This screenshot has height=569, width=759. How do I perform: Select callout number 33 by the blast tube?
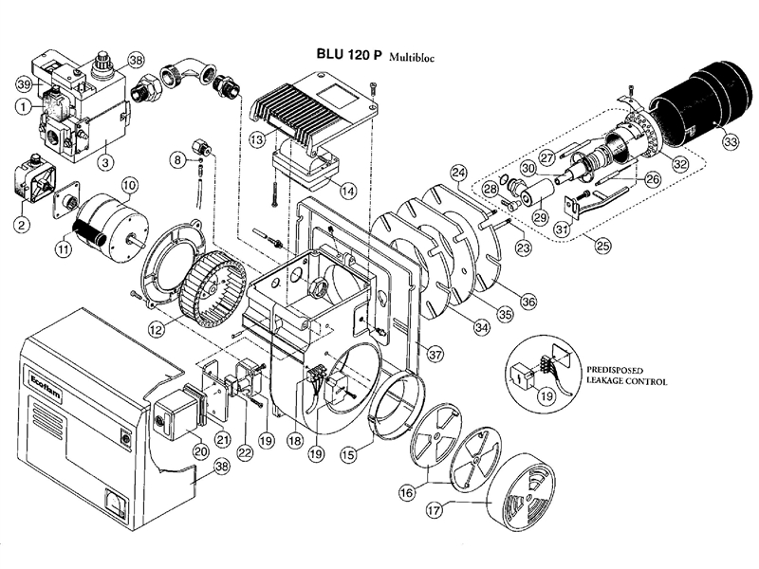[x=730, y=142]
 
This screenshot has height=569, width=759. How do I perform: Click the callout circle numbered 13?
[x=257, y=139]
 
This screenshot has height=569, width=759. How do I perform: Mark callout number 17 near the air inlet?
[x=434, y=509]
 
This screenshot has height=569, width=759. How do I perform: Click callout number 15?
[x=350, y=455]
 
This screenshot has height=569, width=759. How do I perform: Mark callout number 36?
[x=528, y=301]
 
